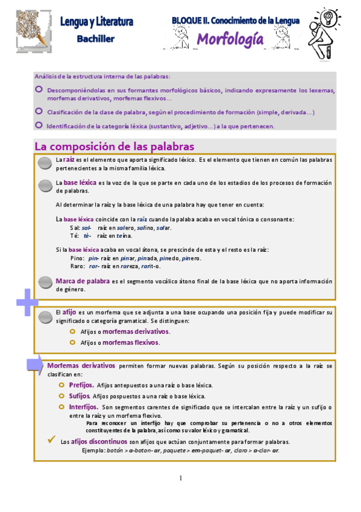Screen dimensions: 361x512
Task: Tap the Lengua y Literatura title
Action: tap(96, 22)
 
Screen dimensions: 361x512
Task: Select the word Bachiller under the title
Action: tap(96, 38)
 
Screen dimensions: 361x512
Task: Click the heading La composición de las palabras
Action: tap(114, 147)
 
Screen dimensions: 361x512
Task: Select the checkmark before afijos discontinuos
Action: tap(52, 440)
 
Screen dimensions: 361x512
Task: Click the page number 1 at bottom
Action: tap(180, 478)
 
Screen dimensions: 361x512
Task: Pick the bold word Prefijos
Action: tap(81, 385)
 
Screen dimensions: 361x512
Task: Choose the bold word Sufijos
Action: tap(80, 396)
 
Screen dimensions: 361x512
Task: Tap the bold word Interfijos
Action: tap(83, 407)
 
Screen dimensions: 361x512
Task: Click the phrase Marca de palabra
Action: tap(83, 281)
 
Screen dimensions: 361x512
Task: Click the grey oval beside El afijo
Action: tap(45, 316)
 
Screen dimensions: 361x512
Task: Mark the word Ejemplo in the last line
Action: tap(93, 450)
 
